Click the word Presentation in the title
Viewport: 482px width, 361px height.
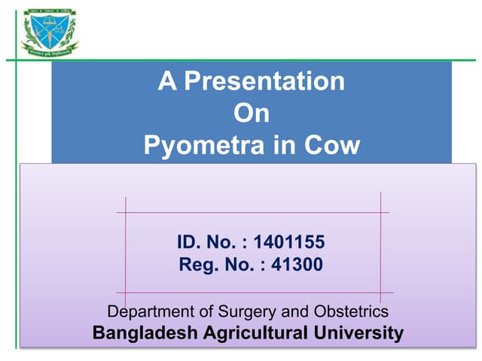coord(264,81)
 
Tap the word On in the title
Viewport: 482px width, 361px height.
coord(252,114)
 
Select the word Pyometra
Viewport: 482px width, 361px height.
coord(196,145)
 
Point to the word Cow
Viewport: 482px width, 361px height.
coord(332,145)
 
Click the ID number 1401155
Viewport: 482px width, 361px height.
coord(289,242)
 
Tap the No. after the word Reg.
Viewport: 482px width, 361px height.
coord(233,265)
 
